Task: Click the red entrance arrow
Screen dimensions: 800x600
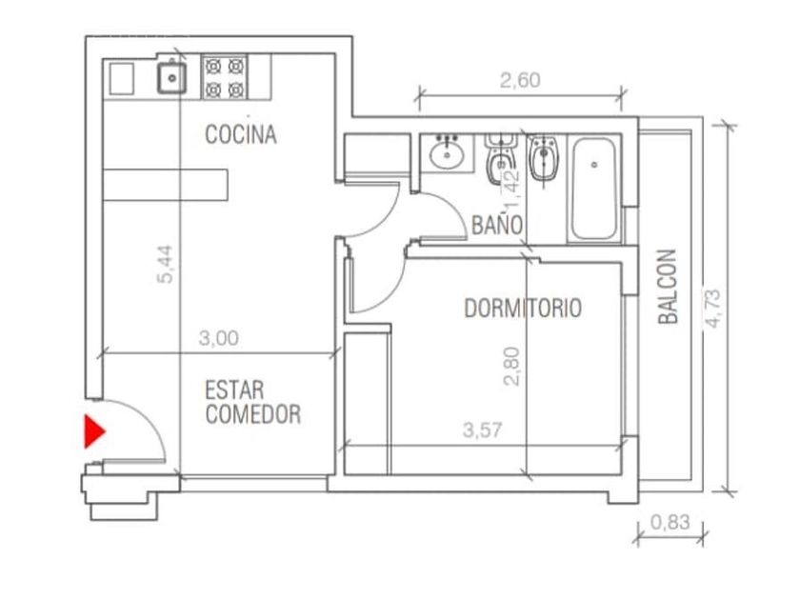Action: click(94, 431)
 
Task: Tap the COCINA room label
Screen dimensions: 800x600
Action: click(241, 134)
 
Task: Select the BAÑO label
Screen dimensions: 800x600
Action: click(497, 225)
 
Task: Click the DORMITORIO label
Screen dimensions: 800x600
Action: click(523, 309)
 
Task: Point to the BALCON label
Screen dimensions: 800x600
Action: click(668, 287)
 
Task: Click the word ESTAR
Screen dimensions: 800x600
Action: click(234, 390)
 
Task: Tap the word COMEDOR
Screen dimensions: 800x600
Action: click(253, 414)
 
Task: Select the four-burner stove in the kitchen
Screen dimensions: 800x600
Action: click(225, 77)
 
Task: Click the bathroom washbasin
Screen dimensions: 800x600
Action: click(448, 152)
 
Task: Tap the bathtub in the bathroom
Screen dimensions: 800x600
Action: click(594, 189)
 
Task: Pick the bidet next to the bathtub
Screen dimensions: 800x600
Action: click(543, 158)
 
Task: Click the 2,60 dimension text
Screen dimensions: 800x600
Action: click(520, 80)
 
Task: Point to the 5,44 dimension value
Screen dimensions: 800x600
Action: click(166, 265)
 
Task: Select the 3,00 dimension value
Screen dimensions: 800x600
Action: click(219, 338)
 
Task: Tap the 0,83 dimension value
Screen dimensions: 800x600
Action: click(670, 522)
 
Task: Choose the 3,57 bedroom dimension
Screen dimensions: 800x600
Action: click(483, 430)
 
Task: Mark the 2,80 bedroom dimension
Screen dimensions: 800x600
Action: click(511, 367)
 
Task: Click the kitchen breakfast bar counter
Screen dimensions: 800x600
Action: click(166, 185)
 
